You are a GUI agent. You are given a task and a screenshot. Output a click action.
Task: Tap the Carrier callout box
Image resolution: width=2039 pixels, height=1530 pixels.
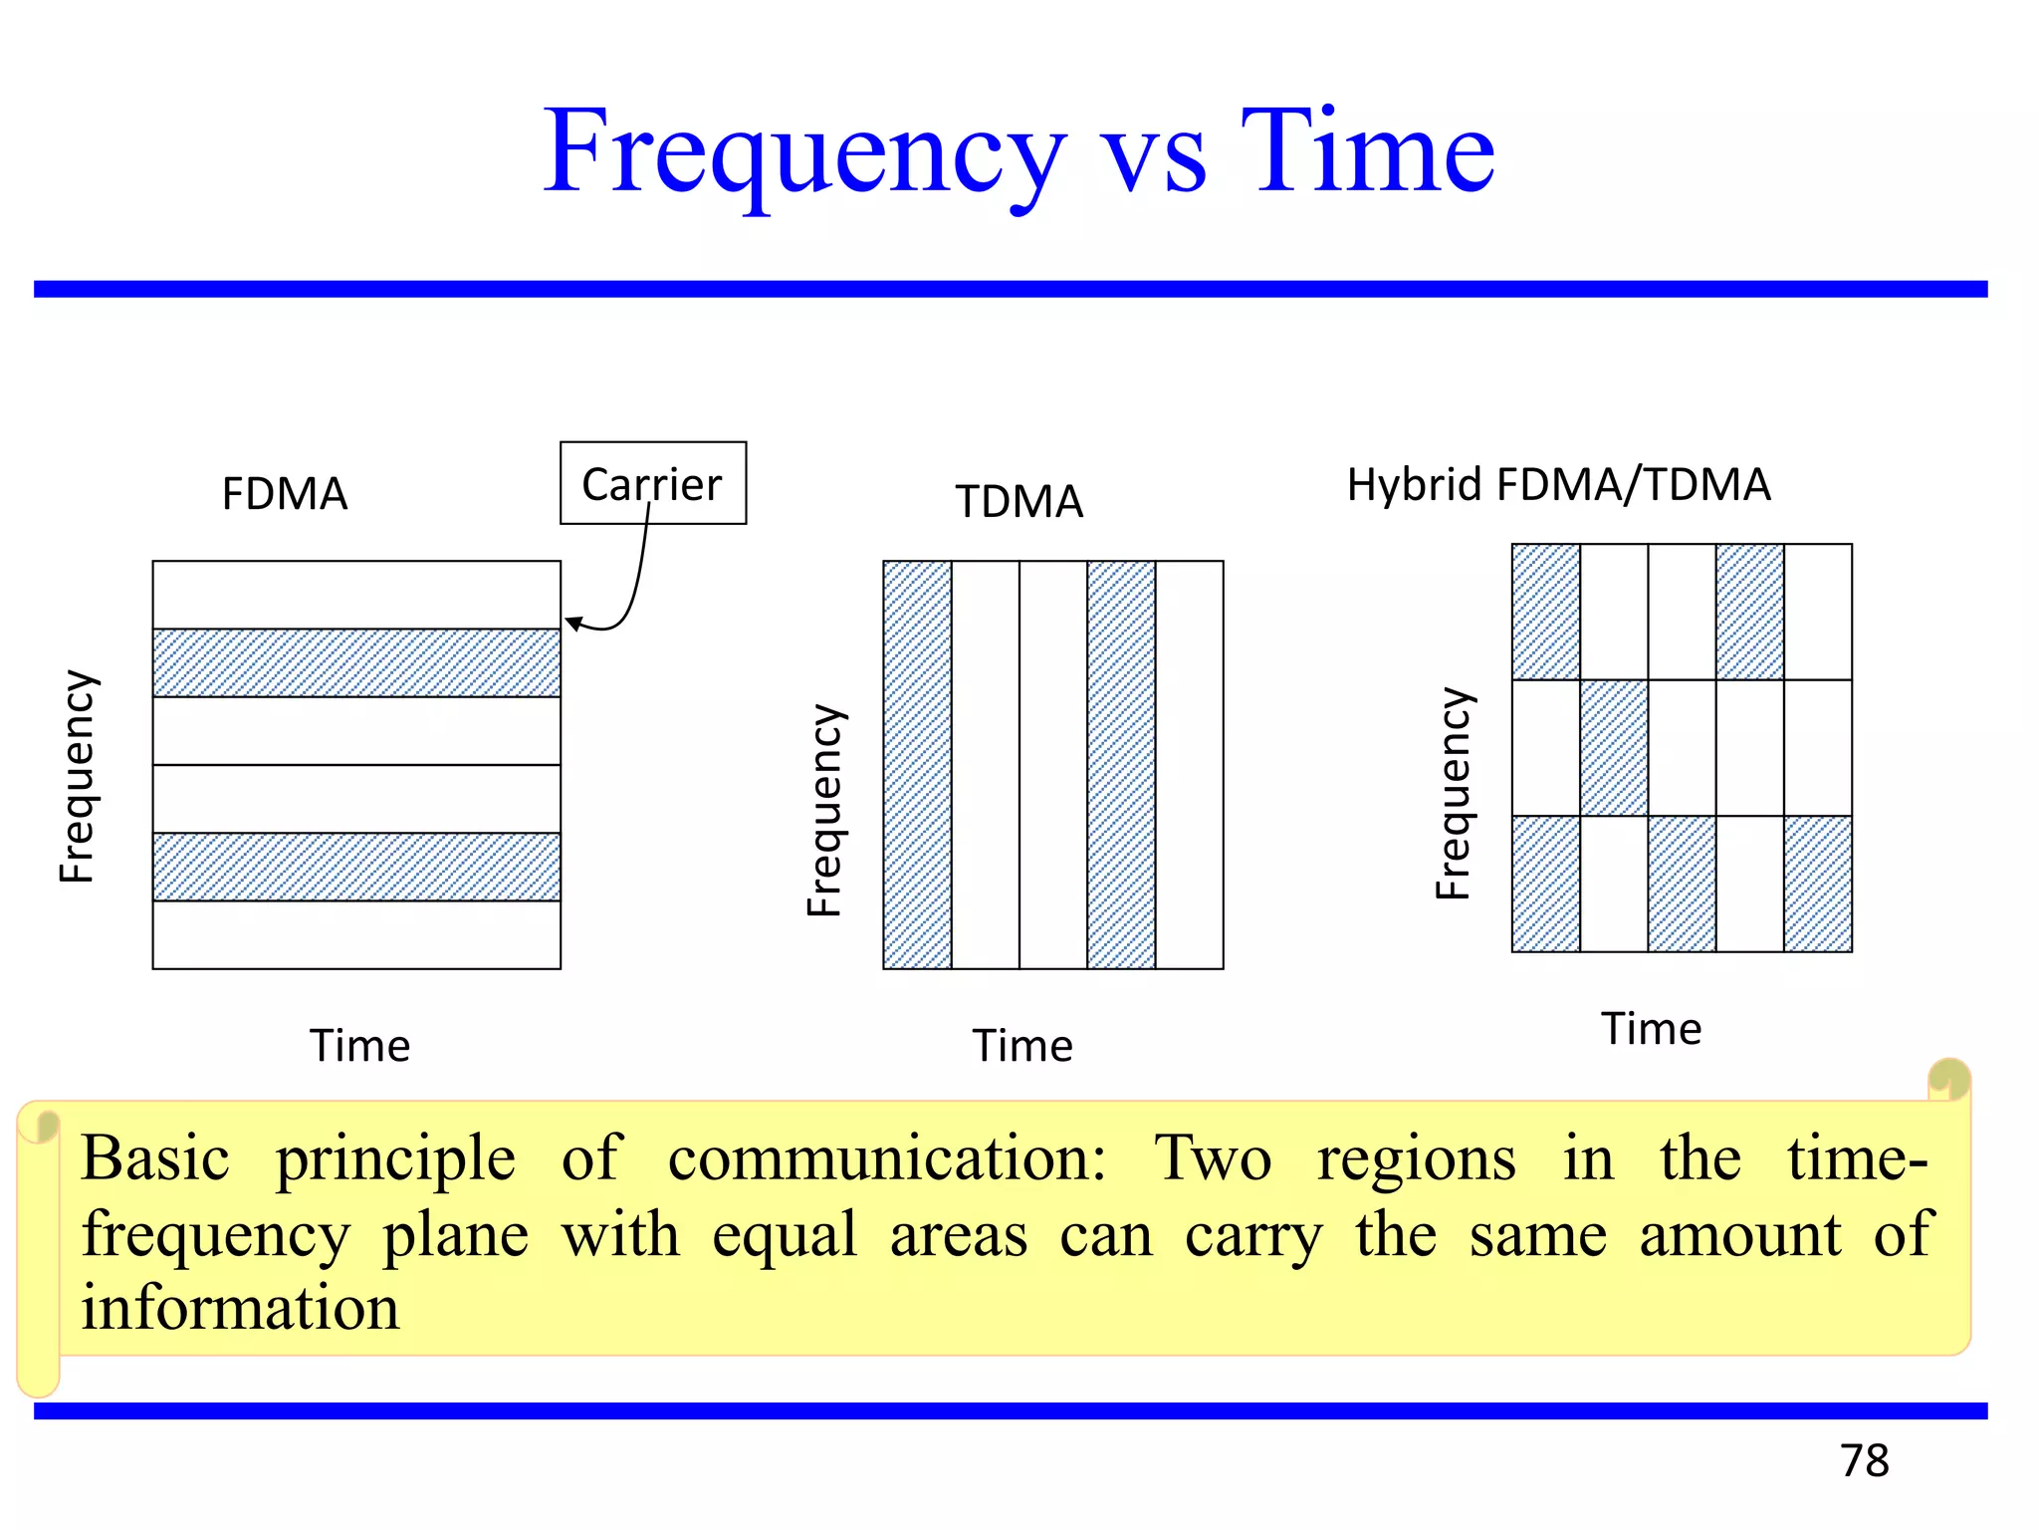(x=652, y=483)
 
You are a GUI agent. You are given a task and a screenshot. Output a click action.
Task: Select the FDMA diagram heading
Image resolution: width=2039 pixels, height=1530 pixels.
(x=285, y=494)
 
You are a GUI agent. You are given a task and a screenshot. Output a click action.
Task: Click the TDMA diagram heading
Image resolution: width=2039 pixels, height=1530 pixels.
(x=1019, y=501)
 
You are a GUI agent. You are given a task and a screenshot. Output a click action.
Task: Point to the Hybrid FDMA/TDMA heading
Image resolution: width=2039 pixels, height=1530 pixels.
(x=1558, y=485)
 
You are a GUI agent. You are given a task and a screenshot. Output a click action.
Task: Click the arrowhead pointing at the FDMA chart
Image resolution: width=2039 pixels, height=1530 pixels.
(x=573, y=624)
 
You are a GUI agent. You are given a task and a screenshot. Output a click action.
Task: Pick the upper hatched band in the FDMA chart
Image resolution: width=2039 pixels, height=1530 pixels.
(x=356, y=662)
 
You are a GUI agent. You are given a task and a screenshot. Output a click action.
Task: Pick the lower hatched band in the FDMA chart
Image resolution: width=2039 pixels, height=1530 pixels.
(x=356, y=867)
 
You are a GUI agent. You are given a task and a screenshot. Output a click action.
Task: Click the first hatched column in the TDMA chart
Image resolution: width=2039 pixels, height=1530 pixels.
(x=917, y=764)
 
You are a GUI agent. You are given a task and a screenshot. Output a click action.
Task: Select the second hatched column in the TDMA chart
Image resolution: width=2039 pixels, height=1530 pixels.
(x=1121, y=764)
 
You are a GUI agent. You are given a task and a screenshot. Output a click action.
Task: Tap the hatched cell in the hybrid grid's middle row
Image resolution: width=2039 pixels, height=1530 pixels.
(x=1614, y=747)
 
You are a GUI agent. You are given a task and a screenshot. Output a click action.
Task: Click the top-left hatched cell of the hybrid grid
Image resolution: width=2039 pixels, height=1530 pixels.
(x=1545, y=612)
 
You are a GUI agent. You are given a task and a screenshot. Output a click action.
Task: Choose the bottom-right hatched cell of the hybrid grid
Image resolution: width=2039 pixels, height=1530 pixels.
(x=1818, y=884)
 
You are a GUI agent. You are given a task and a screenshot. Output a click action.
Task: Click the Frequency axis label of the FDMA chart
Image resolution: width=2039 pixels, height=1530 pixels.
(x=78, y=776)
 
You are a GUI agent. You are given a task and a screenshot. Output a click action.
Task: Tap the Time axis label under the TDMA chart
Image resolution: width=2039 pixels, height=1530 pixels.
(x=1022, y=1046)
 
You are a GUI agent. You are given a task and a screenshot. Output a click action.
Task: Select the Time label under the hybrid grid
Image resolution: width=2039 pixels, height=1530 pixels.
(x=1651, y=1029)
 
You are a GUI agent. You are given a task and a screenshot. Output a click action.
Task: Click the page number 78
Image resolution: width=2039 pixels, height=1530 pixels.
(x=1864, y=1460)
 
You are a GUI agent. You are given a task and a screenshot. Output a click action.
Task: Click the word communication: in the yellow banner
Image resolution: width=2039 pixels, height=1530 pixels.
(x=886, y=1158)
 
